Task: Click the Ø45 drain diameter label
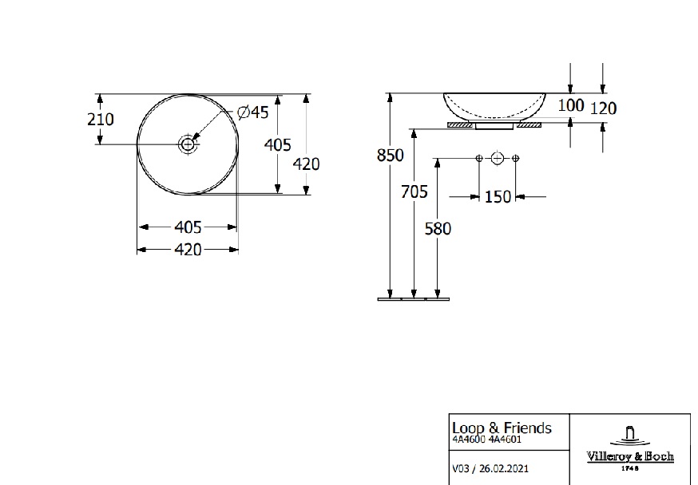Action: [253, 112]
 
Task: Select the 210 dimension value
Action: [101, 119]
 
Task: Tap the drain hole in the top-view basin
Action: [188, 144]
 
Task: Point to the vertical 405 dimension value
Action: [278, 145]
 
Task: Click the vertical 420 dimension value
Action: [306, 164]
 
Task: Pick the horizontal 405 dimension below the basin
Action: [188, 227]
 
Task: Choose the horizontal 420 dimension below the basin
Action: [188, 250]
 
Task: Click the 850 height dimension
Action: [391, 155]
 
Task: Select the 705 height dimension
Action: [414, 191]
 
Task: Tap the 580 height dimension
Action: [438, 228]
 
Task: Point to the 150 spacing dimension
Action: [498, 196]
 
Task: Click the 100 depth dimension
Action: [571, 105]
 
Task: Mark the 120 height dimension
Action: [604, 108]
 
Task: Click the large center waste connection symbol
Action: [498, 158]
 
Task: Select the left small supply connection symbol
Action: [479, 158]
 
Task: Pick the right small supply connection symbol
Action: [515, 158]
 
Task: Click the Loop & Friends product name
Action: [502, 428]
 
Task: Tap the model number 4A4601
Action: [505, 440]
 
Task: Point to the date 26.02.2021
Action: [504, 468]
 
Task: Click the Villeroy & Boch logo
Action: [630, 449]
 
